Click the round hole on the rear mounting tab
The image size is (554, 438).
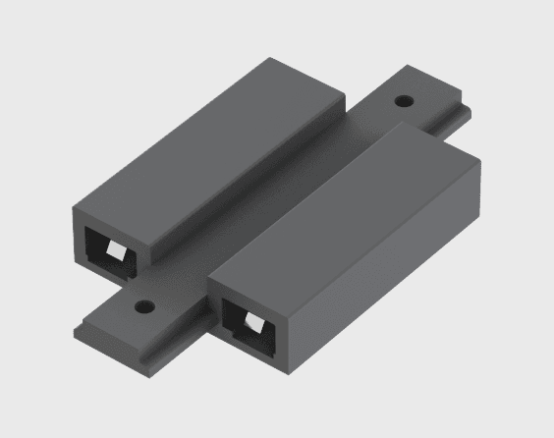pos(403,100)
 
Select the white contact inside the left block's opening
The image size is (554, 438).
pos(115,252)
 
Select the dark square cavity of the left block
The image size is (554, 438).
pos(102,246)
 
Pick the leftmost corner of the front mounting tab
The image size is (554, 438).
pos(74,326)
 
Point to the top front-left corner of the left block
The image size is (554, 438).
pos(75,205)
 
